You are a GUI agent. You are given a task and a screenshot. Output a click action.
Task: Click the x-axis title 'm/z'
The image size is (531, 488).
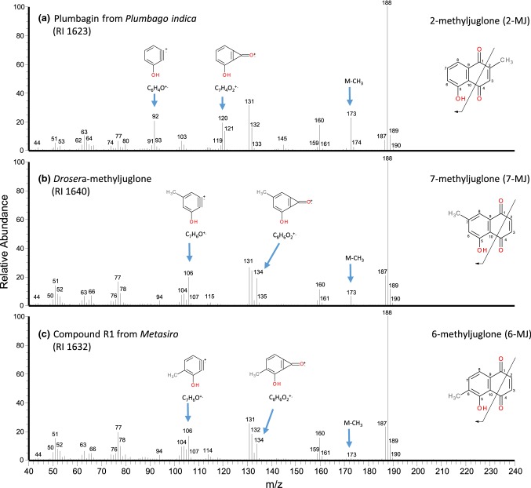pos(274,480)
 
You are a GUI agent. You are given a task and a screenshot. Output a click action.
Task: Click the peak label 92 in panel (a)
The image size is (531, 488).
pos(155,116)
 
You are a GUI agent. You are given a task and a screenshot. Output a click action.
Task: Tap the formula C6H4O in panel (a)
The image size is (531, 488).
pos(154,89)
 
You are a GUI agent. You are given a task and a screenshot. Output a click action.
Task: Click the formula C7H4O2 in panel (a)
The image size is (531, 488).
pos(224,89)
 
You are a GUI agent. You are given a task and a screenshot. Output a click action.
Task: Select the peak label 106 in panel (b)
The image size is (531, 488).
pos(188,273)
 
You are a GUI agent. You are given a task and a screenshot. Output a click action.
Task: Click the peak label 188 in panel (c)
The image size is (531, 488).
pos(387,314)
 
